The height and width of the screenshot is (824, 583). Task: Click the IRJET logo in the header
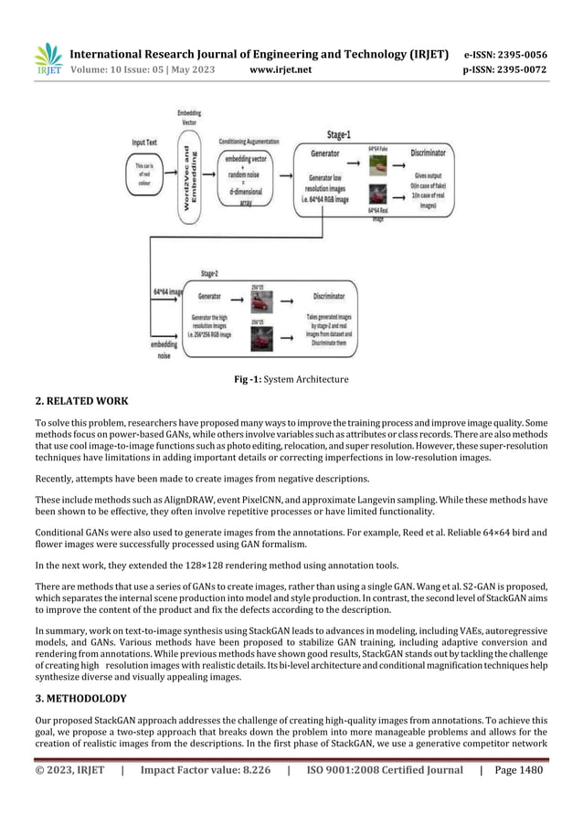pos(48,58)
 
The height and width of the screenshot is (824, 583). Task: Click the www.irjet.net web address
pos(280,69)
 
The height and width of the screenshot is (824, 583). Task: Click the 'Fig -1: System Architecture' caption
pos(291,379)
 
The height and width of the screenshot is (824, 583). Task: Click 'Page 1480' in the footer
pos(516,770)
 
